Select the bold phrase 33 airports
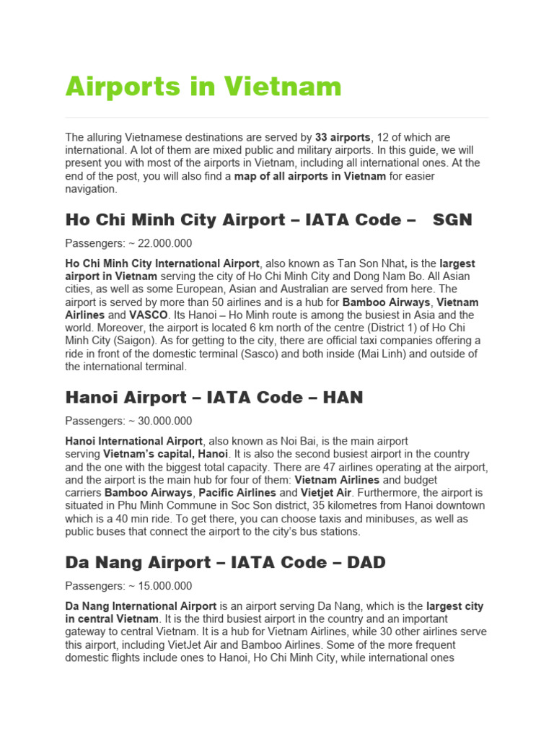(343, 137)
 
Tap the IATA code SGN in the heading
(452, 219)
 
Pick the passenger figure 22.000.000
(158, 243)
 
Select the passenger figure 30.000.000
(158, 421)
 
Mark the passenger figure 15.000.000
(158, 586)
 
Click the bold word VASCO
(148, 315)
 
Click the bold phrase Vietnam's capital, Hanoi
(165, 454)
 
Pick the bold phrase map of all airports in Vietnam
(310, 176)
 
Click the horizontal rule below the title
(277, 118)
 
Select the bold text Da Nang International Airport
(141, 606)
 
